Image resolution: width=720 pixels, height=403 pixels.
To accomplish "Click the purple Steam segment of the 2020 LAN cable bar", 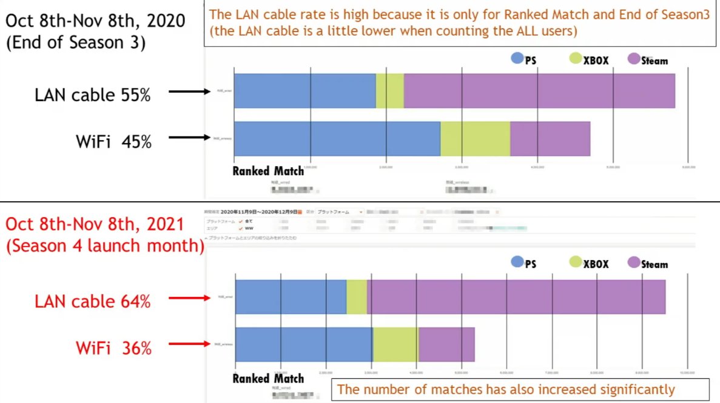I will (539, 91).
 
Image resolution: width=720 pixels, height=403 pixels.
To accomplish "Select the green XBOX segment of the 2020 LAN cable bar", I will (389, 91).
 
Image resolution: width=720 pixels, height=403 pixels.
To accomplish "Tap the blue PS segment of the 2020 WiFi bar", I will (337, 138).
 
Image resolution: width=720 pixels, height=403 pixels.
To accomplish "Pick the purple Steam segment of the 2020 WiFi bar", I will (550, 138).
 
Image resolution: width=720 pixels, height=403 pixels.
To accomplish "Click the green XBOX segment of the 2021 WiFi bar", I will (395, 344).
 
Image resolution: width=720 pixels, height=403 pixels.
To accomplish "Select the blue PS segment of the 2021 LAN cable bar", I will (291, 297).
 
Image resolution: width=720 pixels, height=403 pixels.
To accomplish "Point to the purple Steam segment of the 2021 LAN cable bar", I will (516, 297).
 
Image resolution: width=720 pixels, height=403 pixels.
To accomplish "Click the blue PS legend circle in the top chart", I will (517, 59).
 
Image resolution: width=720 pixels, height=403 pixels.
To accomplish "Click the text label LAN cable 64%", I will (92, 301).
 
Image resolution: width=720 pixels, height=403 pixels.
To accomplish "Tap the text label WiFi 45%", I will (113, 141).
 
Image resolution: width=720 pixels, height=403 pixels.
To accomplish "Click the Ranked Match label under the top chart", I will (268, 171).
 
